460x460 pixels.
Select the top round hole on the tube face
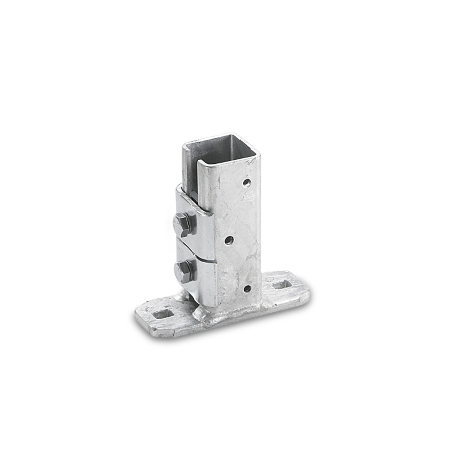click(247, 183)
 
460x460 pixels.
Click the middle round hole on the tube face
click(229, 240)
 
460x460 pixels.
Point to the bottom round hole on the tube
click(247, 289)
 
